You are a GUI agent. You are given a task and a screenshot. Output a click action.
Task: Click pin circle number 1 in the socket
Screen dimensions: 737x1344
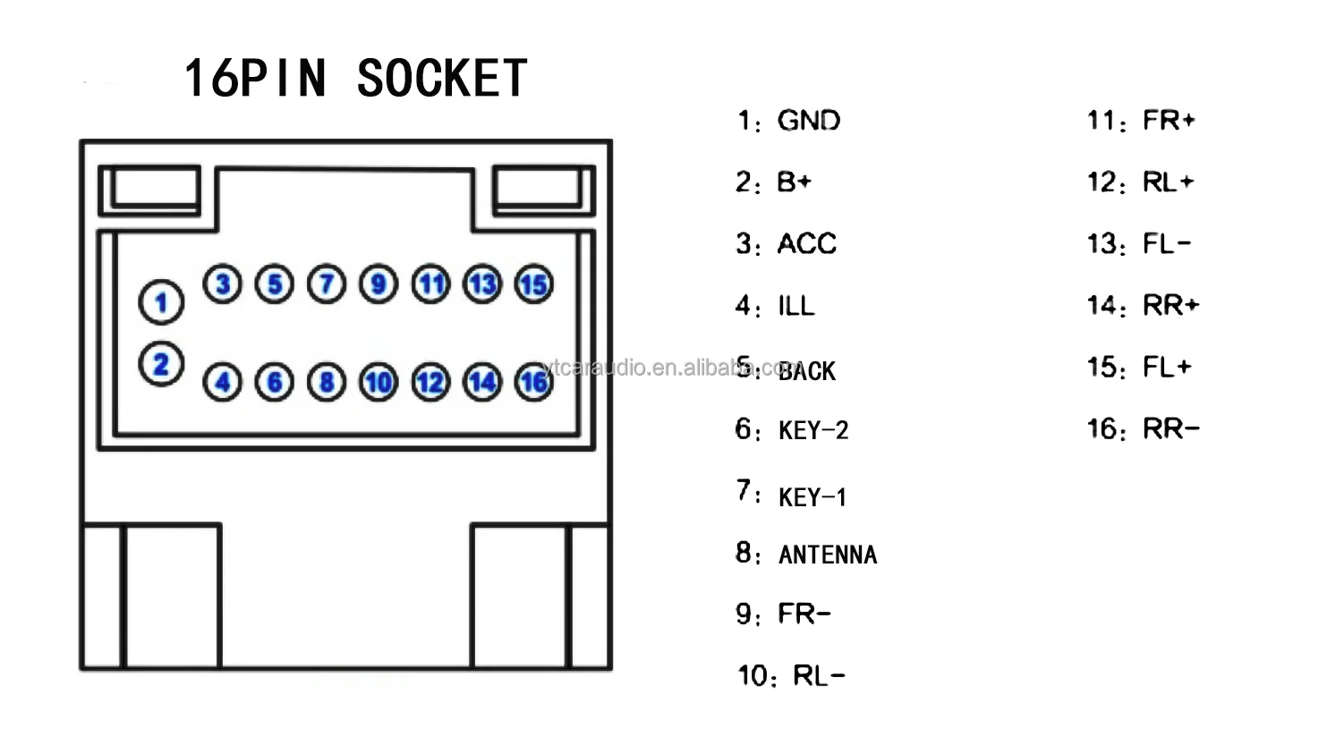tap(161, 302)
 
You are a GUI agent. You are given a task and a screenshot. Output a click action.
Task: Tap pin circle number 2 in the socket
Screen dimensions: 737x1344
tap(161, 364)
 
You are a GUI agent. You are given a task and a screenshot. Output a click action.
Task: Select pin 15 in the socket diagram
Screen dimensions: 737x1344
tap(534, 285)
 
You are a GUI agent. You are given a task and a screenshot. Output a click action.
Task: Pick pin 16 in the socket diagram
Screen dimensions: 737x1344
tap(534, 383)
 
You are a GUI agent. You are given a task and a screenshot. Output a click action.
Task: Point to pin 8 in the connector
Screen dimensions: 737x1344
tap(327, 383)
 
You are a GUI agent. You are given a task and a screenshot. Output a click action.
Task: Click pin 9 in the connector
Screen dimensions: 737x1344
tap(379, 285)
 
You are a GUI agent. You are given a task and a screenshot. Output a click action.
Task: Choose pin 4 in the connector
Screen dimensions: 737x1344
tap(223, 383)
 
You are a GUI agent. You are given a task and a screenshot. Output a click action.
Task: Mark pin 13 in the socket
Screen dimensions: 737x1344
tap(482, 285)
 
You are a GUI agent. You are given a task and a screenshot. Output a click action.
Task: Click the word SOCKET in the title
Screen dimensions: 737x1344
tap(442, 79)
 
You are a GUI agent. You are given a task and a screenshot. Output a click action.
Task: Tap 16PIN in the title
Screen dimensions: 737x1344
tap(255, 79)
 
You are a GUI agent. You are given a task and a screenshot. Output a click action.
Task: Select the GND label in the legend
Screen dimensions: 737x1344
tap(809, 121)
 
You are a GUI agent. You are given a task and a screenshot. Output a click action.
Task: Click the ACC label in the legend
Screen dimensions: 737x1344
tap(807, 244)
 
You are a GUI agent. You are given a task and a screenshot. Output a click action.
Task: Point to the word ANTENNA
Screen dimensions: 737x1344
tap(828, 555)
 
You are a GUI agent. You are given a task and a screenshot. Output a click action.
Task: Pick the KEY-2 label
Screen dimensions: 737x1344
tap(813, 431)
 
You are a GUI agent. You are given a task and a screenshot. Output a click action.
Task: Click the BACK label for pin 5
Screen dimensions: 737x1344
tap(807, 371)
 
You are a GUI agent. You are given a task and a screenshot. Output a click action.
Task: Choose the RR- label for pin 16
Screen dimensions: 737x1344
tap(1170, 429)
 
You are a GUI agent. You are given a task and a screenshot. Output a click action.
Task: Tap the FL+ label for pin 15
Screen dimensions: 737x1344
tap(1167, 368)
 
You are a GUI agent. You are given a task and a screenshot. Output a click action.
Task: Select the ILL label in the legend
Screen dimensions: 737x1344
tap(796, 307)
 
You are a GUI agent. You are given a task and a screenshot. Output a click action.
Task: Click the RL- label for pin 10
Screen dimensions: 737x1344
tap(819, 676)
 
